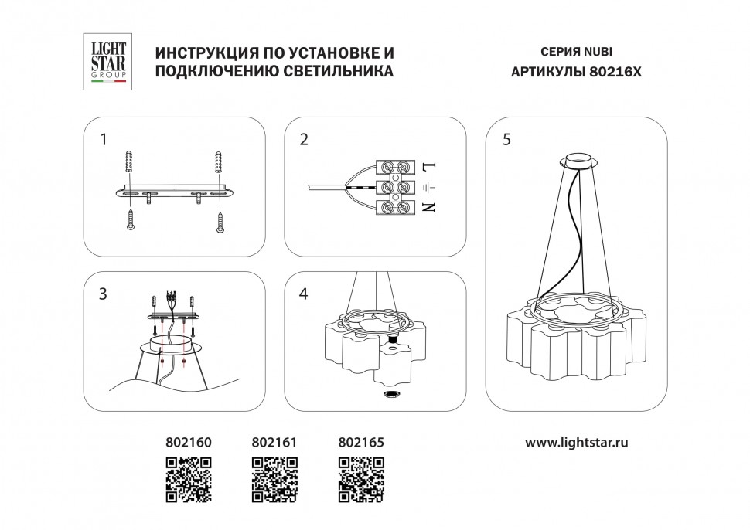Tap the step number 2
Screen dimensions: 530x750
coord(304,140)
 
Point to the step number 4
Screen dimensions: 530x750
coord(304,294)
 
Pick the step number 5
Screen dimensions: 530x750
coord(506,140)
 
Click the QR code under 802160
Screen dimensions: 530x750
coord(189,479)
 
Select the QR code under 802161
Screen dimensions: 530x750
coord(275,479)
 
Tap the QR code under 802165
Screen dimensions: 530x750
coord(362,479)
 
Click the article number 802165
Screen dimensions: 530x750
coord(361,443)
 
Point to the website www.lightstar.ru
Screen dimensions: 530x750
coord(576,443)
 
